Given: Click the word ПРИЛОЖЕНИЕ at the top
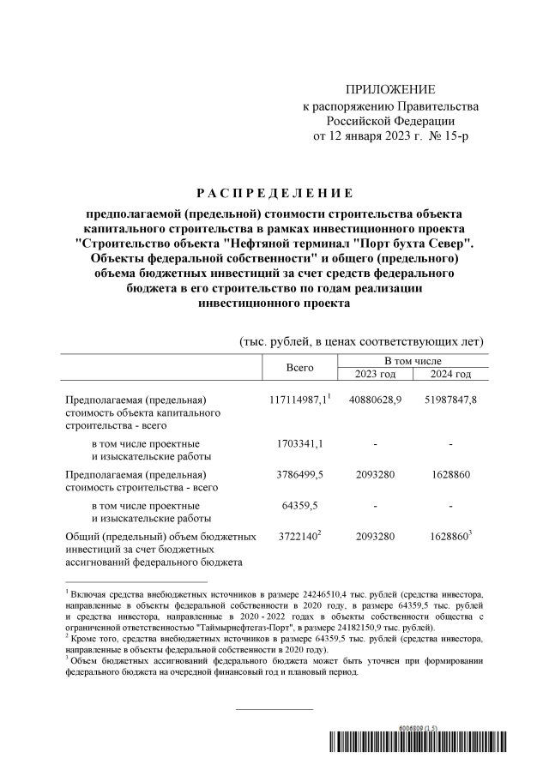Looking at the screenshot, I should click(390, 90).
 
